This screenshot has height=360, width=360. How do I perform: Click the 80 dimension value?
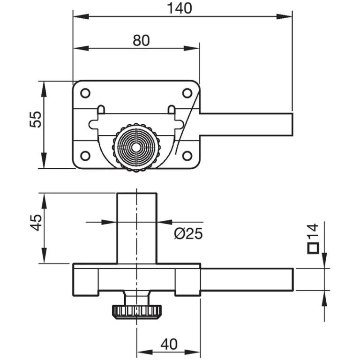click(x=141, y=40)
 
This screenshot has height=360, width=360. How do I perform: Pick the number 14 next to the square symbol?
click(x=313, y=232)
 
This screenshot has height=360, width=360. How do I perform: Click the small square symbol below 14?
click(x=313, y=248)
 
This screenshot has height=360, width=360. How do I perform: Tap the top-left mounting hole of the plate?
click(x=85, y=93)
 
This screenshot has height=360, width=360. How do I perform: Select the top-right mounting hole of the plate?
click(x=187, y=93)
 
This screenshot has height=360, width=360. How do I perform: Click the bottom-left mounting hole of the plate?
click(x=85, y=156)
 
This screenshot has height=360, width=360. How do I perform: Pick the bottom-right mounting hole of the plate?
click(x=187, y=156)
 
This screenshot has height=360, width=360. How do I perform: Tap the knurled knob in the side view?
click(x=136, y=311)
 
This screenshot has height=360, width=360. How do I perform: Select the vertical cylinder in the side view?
click(x=136, y=227)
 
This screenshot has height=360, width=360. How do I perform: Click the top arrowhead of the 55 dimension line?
click(x=43, y=88)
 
